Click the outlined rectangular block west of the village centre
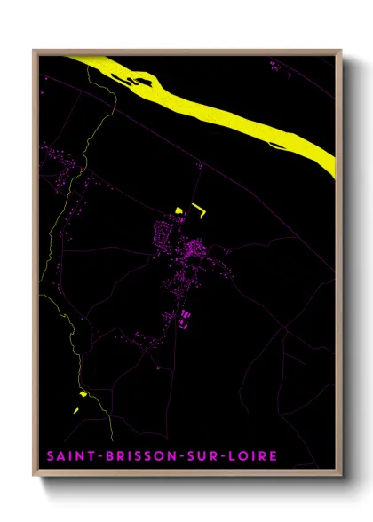tap(163, 234)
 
